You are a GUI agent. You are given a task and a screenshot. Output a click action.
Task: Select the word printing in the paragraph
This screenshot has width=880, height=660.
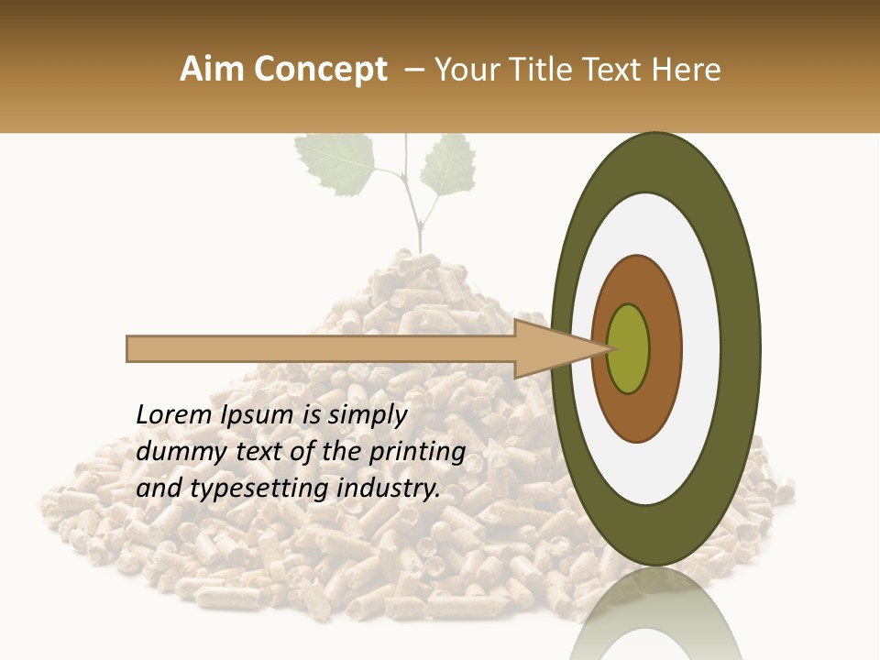(416, 453)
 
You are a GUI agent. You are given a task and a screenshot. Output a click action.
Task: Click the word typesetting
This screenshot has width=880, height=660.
(260, 489)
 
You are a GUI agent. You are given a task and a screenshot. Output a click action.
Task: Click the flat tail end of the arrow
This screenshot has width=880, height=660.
(129, 348)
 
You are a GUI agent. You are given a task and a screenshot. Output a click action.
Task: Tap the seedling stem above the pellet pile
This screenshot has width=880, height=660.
(418, 225)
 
